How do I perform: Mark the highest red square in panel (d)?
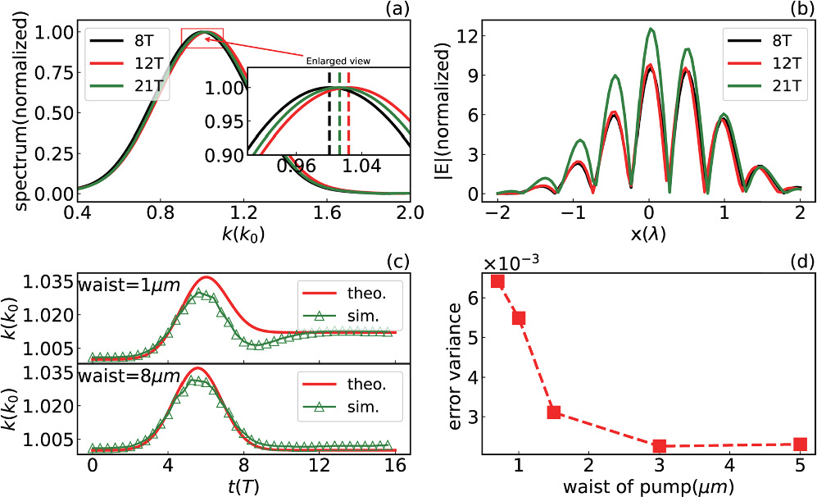click(497, 281)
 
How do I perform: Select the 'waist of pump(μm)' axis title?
click(648, 484)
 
